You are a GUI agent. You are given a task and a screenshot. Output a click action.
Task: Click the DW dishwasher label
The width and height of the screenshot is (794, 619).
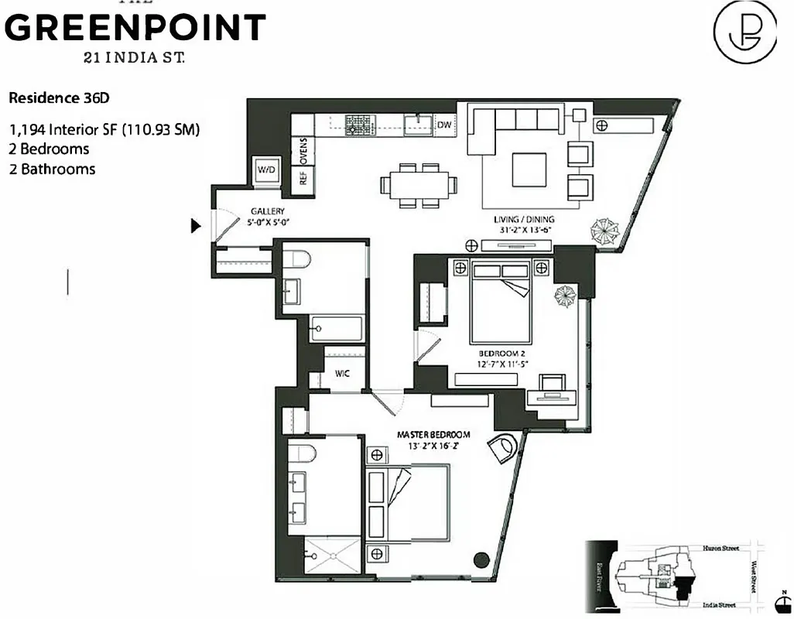(x=444, y=124)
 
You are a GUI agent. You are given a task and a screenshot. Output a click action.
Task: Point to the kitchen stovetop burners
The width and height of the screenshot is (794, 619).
(x=358, y=124)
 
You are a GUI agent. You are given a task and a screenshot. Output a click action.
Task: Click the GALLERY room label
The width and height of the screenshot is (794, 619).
(x=267, y=211)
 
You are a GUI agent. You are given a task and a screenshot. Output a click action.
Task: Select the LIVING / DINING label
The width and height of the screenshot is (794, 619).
(x=524, y=220)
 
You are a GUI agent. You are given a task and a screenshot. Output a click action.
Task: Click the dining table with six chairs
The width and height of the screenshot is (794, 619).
(x=418, y=186)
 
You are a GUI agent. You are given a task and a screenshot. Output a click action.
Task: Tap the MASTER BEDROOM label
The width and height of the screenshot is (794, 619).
(x=433, y=435)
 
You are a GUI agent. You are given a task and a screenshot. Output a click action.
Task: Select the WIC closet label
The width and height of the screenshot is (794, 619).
(x=342, y=374)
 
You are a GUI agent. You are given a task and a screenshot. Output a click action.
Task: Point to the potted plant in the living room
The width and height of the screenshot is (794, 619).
(x=605, y=231)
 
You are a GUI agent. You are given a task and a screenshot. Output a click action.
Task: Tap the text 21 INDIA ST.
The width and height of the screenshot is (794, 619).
(x=135, y=57)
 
